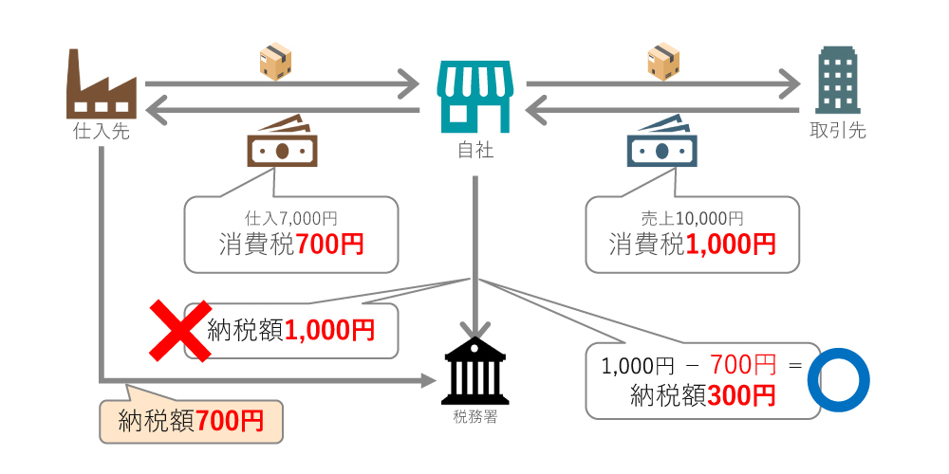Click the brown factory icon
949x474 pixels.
coord(101,83)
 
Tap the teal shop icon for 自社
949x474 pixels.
coord(474,97)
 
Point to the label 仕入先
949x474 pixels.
coord(101,132)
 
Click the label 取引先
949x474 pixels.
coord(837,131)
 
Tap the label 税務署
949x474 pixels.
coord(474,414)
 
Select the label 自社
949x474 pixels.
coord(474,150)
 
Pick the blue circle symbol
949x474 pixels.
coord(838,382)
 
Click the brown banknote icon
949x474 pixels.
coord(282,145)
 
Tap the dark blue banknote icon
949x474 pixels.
coord(661,145)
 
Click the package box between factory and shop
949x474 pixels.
coord(275,61)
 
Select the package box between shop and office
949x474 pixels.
coord(662,61)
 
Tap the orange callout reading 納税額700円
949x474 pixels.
coord(191,420)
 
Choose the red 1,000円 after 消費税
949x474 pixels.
coord(730,245)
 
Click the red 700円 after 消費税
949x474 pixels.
coord(330,245)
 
